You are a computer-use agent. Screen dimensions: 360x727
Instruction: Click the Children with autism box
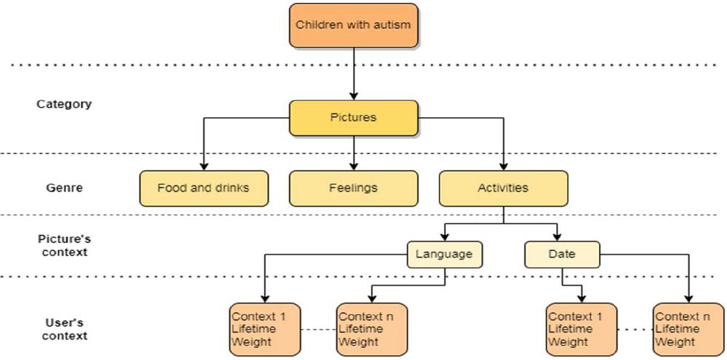pyautogui.click(x=354, y=25)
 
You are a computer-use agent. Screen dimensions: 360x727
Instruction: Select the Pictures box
pyautogui.click(x=354, y=118)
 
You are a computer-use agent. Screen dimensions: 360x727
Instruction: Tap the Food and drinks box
pyautogui.click(x=203, y=188)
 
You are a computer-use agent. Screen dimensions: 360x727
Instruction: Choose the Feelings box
pyautogui.click(x=354, y=188)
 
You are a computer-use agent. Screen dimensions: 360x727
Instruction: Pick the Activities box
pyautogui.click(x=503, y=188)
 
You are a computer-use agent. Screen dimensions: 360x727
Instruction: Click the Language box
pyautogui.click(x=444, y=255)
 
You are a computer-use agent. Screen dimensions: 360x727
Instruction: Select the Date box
pyautogui.click(x=562, y=255)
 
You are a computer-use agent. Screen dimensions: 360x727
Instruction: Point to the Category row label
pyautogui.click(x=64, y=104)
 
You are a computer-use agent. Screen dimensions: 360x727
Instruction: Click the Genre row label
pyautogui.click(x=64, y=188)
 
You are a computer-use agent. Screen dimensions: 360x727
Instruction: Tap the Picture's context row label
pyautogui.click(x=64, y=245)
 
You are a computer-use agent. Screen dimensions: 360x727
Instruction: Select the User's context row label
pyautogui.click(x=64, y=329)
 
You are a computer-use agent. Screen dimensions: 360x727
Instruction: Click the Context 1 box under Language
pyautogui.click(x=264, y=329)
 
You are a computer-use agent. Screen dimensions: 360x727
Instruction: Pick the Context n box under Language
pyautogui.click(x=371, y=329)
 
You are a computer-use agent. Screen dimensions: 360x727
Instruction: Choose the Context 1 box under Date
pyautogui.click(x=581, y=329)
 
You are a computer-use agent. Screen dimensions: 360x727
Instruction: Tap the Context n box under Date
pyautogui.click(x=688, y=329)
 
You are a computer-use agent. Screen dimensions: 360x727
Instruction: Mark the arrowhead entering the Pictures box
pyautogui.click(x=354, y=96)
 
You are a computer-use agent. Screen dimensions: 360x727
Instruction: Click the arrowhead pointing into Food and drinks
pyautogui.click(x=203, y=167)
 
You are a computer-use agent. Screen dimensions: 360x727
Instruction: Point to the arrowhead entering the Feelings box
pyautogui.click(x=354, y=167)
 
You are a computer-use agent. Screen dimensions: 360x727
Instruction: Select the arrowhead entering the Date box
pyautogui.click(x=557, y=237)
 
